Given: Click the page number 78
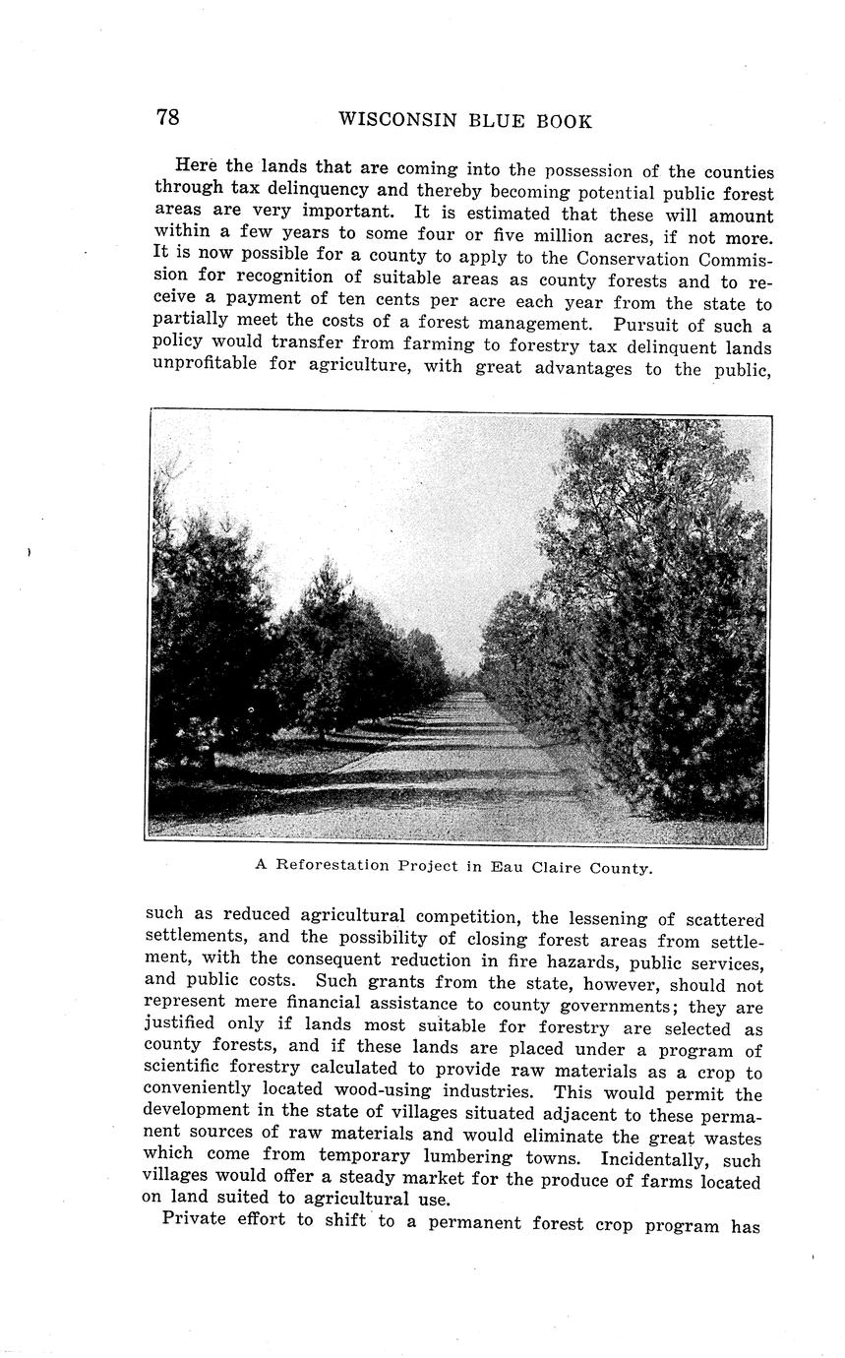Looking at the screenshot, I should coord(167,118).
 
